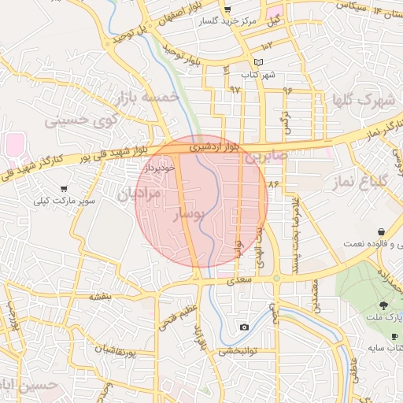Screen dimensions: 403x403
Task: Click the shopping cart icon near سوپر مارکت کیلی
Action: [x=64, y=189]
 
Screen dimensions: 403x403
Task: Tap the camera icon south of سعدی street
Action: [x=245, y=327]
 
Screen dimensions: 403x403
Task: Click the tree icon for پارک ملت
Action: [x=383, y=305]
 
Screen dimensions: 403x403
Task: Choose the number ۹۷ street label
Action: [x=235, y=89]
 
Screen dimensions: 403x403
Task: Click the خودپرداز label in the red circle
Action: [x=160, y=168]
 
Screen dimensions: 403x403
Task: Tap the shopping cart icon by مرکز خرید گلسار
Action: [x=227, y=9]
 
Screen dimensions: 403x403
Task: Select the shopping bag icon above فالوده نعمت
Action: [x=382, y=232]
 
